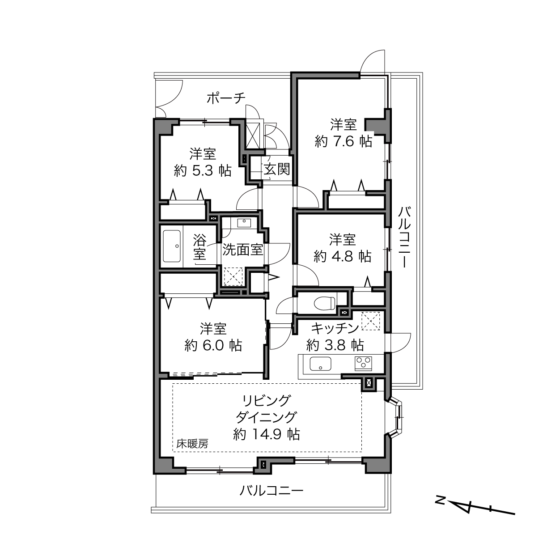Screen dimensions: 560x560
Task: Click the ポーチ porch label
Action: point(226,98)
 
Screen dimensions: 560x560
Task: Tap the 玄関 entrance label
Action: point(277,169)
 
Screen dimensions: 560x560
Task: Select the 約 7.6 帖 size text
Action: point(343,141)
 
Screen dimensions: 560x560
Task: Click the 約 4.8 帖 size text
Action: point(342,256)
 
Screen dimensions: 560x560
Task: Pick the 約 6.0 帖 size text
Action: point(213,346)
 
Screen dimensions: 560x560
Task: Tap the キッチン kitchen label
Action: point(335,328)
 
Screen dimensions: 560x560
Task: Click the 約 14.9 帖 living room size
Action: point(266,434)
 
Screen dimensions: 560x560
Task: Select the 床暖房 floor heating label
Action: point(192,444)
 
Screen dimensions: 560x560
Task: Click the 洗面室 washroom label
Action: point(243,250)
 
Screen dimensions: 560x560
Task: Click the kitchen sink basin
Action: point(320,364)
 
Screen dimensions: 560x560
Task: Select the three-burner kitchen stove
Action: point(363,363)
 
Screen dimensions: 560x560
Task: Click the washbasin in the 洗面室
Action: point(244,223)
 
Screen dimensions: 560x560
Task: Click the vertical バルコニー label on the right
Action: point(404,237)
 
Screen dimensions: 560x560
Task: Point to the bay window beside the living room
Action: point(397,418)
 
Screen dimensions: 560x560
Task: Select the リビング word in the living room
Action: point(267,401)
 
